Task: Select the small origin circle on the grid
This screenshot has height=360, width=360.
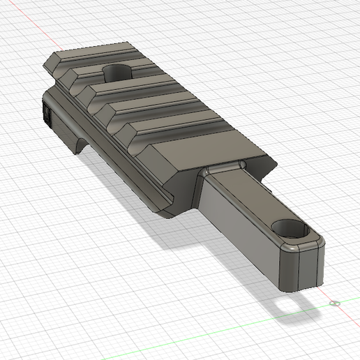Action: [x=334, y=303]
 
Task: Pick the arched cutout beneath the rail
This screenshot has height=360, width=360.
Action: [x=81, y=145]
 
